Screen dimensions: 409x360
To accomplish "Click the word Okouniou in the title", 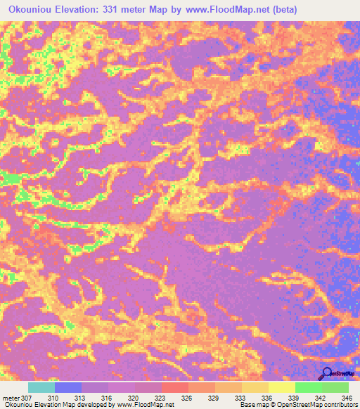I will coord(30,10).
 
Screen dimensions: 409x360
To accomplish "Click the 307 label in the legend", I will coord(27,397).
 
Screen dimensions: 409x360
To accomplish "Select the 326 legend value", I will coord(188,397).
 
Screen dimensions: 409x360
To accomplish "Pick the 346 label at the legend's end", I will coord(347,397).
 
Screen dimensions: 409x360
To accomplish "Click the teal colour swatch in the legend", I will coord(41,387).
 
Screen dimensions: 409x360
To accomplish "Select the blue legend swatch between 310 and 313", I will coord(68,387).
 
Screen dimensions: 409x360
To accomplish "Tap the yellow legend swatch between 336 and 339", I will coord(281,387).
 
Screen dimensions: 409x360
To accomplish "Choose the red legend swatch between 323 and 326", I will coord(175,387).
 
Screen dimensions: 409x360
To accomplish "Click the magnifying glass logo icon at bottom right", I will coord(326,374).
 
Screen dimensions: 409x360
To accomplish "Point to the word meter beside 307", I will coord(11,397).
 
